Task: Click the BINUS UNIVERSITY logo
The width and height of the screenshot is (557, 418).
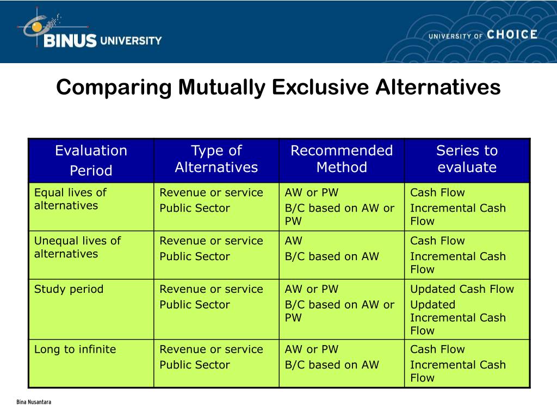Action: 90,33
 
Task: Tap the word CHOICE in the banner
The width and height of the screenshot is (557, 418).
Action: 512,35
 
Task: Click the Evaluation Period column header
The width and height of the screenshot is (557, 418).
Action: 91,160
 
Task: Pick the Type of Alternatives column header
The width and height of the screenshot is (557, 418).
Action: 216,159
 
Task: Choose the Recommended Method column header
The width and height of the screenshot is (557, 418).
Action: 342,159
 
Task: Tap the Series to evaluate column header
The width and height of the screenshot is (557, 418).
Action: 467,159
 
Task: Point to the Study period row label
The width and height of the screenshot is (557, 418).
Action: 69,289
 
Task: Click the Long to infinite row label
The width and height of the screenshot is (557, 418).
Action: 75,349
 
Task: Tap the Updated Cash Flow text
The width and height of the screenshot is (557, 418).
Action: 462,289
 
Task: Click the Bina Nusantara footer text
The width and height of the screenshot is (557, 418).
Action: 34,402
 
